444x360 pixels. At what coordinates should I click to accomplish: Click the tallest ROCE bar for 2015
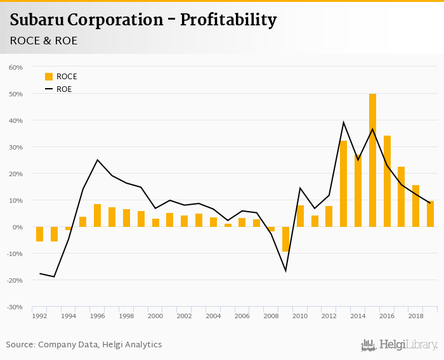coord(372,160)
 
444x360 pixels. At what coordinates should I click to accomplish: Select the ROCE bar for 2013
coord(343,184)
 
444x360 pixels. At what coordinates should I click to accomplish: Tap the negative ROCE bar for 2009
coord(285,239)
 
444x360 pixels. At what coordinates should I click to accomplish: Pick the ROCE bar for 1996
coord(97,215)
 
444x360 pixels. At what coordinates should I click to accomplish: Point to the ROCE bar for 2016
coord(387,181)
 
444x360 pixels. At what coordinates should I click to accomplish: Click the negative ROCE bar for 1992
coord(39,234)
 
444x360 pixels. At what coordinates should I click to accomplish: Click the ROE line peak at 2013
coord(343,122)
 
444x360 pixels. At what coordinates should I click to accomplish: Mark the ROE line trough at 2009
coord(285,271)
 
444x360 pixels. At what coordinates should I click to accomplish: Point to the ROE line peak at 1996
coord(97,160)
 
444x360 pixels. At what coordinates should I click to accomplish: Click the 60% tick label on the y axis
coord(16,67)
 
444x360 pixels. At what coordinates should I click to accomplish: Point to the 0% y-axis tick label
coord(18,227)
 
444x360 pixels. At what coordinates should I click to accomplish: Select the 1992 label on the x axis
coord(39,316)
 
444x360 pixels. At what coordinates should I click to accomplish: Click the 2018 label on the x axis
coord(415,316)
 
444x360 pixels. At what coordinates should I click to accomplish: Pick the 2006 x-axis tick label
coord(242,316)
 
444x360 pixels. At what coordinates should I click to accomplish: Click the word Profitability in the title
coord(228,20)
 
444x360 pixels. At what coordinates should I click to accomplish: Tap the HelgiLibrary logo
coord(399,345)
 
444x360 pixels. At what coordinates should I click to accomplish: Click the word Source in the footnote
coord(20,345)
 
